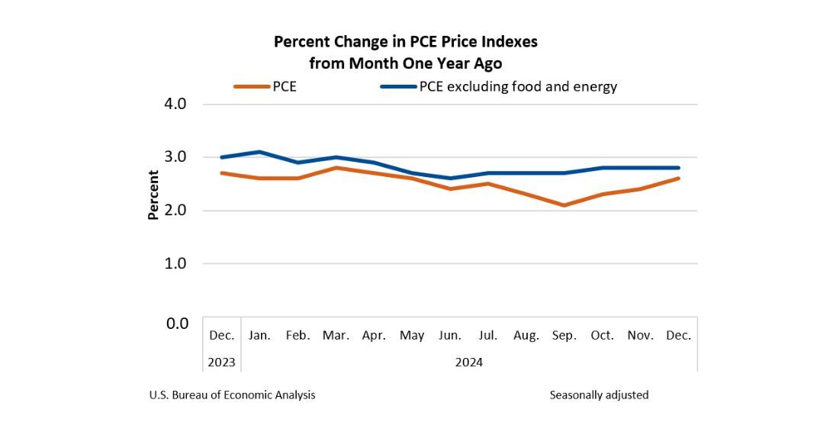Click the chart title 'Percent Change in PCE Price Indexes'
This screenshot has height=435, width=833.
tap(405, 42)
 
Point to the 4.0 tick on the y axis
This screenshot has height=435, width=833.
tap(176, 104)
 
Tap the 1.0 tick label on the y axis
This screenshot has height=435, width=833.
tap(176, 263)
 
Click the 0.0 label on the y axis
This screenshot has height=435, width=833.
tap(176, 324)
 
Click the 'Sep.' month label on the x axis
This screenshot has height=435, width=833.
tap(564, 335)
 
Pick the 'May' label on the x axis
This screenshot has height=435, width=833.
tap(412, 335)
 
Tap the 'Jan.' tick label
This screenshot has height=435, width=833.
tap(259, 335)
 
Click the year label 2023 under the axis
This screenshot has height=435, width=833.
tap(221, 362)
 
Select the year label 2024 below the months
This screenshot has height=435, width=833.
tap(469, 362)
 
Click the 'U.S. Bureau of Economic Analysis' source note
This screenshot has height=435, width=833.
tap(232, 395)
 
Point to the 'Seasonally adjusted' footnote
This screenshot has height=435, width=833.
tap(599, 395)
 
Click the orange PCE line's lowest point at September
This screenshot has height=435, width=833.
tap(564, 205)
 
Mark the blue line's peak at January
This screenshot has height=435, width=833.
tap(259, 152)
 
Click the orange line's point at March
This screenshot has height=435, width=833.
tap(336, 168)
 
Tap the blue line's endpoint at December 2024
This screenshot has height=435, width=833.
tap(678, 168)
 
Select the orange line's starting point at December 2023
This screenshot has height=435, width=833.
tap(221, 173)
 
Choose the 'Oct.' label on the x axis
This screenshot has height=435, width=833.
tap(602, 335)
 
